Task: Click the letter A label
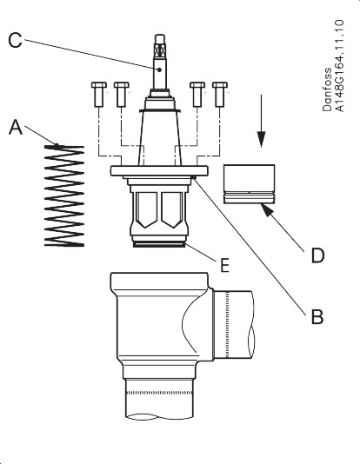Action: [15, 127]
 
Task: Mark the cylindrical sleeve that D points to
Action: [250, 184]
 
